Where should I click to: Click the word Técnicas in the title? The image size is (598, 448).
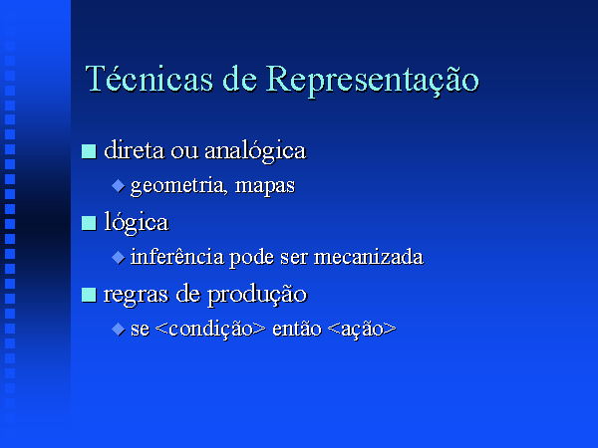(x=149, y=79)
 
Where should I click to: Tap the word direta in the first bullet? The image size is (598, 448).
(x=135, y=149)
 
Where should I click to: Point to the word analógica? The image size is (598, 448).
(x=255, y=151)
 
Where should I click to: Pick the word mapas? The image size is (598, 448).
(x=265, y=187)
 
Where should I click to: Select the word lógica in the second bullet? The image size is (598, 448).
(x=137, y=223)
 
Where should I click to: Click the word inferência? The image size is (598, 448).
(x=177, y=257)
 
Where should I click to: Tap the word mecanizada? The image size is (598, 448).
(x=369, y=257)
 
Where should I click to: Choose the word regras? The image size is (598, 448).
(x=136, y=296)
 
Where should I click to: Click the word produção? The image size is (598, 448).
(x=257, y=296)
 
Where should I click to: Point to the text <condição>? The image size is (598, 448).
(x=210, y=329)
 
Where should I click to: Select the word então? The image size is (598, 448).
(x=297, y=329)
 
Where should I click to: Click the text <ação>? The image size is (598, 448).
(x=362, y=330)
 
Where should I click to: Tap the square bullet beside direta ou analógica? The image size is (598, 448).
(x=89, y=151)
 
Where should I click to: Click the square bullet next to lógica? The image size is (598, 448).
(x=89, y=223)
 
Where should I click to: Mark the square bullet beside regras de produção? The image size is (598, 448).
(x=89, y=295)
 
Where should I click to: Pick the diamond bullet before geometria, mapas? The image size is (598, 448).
(x=119, y=186)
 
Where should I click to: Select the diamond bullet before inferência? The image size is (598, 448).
(x=119, y=258)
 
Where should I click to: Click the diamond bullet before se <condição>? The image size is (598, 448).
(x=119, y=330)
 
